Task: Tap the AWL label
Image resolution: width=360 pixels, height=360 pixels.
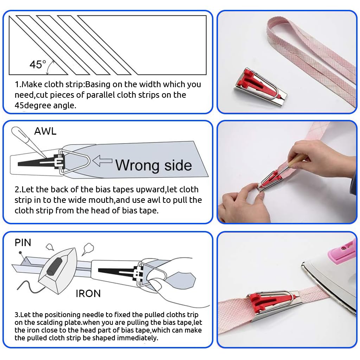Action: (45, 131)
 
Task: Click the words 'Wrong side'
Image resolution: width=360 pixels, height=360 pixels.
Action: (154, 165)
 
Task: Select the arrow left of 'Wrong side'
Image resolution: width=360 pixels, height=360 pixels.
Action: (103, 161)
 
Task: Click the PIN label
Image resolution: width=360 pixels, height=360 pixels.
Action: (23, 243)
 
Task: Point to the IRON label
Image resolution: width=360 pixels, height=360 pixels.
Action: (88, 294)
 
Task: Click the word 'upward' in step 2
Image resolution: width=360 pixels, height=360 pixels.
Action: (150, 190)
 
